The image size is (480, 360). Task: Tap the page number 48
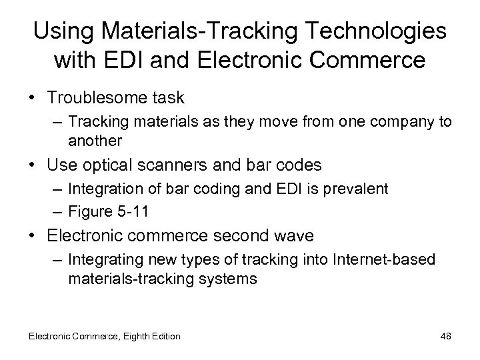click(445, 336)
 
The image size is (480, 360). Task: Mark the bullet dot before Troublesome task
click(37, 98)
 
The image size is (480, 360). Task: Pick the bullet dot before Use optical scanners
click(37, 165)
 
